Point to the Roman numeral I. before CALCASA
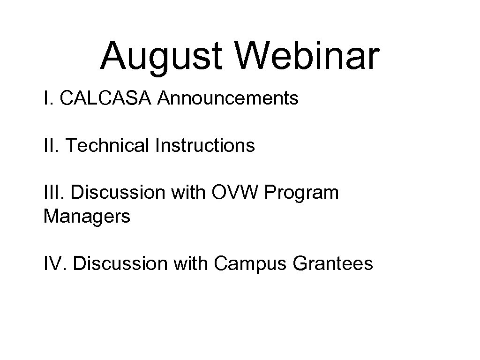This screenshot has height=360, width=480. (47, 98)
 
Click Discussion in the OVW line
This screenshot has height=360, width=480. (120, 193)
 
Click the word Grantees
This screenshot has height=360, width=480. (333, 263)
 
